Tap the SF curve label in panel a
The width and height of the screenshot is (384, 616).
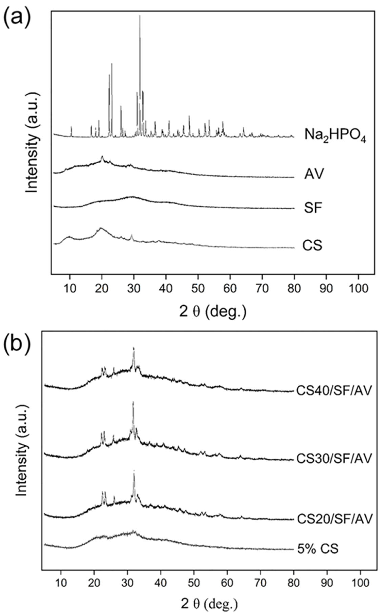click(x=313, y=208)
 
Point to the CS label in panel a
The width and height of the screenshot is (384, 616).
click(x=312, y=246)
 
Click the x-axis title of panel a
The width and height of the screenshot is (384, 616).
click(x=213, y=312)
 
